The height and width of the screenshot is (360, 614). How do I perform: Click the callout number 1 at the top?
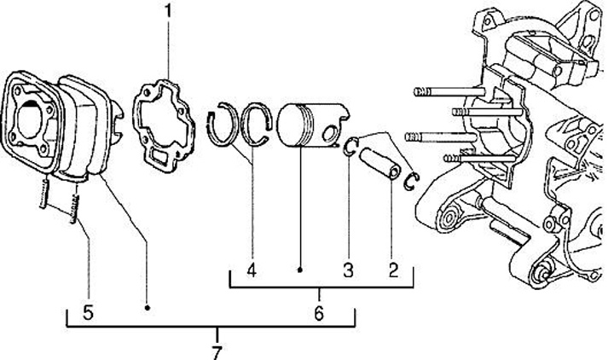168,12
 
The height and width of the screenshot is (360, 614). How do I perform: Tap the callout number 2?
393,271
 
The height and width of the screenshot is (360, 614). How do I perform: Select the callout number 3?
348,271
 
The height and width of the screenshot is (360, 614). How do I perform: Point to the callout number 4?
251,271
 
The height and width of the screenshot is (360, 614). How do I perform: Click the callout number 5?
88,313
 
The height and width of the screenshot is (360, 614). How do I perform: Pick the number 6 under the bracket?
318,312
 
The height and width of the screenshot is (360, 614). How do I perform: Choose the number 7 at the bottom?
217,350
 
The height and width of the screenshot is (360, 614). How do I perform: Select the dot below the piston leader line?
301,271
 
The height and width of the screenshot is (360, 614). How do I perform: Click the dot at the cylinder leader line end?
148,305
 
